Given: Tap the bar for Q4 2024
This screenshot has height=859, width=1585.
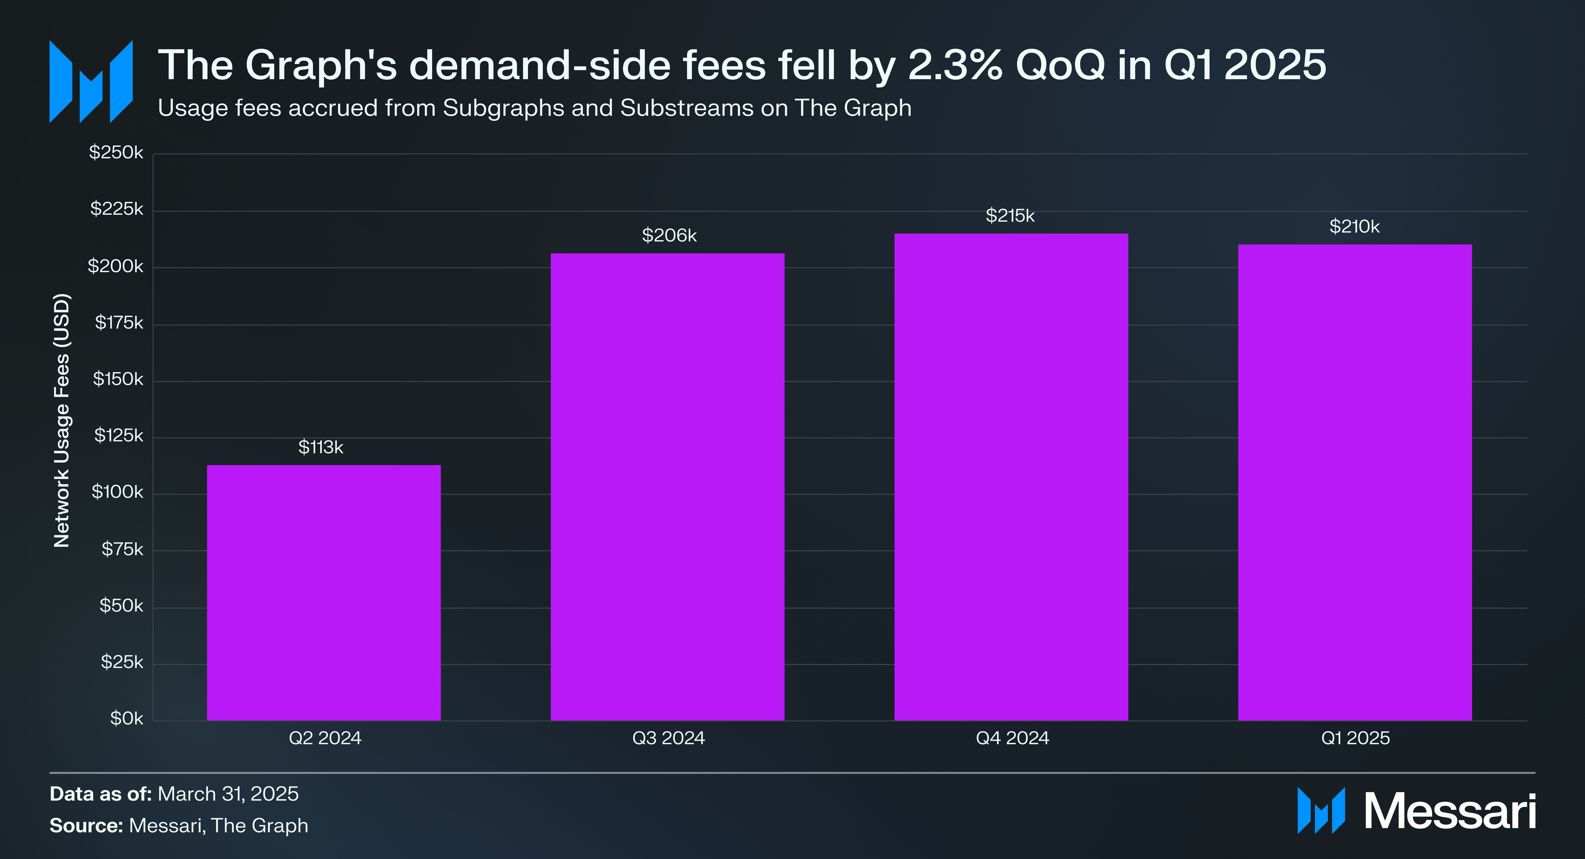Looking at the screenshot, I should (x=1011, y=477).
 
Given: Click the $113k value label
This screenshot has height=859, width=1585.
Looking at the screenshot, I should (x=320, y=447).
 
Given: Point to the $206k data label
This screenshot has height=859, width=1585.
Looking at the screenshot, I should (x=669, y=236).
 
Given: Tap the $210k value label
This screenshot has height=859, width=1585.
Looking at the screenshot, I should (x=1354, y=227).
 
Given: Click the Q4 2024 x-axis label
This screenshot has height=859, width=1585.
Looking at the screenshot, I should (x=1012, y=738).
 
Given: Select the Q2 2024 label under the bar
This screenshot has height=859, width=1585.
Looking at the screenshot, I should (x=325, y=738).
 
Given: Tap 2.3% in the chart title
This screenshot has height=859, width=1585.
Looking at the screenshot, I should (x=955, y=65).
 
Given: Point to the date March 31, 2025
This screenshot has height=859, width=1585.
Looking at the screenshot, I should (x=228, y=794).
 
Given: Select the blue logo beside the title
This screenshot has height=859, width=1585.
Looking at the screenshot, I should (x=91, y=82).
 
